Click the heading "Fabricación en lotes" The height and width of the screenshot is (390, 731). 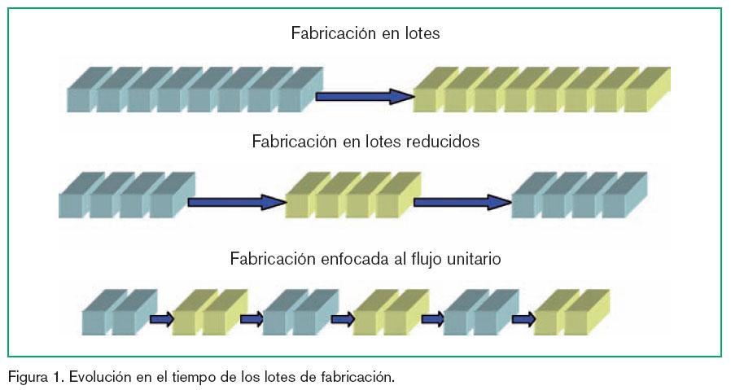pyautogui.click(x=365, y=34)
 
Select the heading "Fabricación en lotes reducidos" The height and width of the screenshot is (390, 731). pyautogui.click(x=365, y=142)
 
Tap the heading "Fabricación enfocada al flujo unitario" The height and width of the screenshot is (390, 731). pyautogui.click(x=365, y=260)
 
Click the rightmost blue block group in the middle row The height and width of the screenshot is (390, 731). pyautogui.click(x=579, y=195)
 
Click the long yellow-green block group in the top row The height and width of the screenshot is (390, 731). pyautogui.click(x=541, y=91)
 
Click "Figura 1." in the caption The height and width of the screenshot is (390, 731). pyautogui.click(x=36, y=378)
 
